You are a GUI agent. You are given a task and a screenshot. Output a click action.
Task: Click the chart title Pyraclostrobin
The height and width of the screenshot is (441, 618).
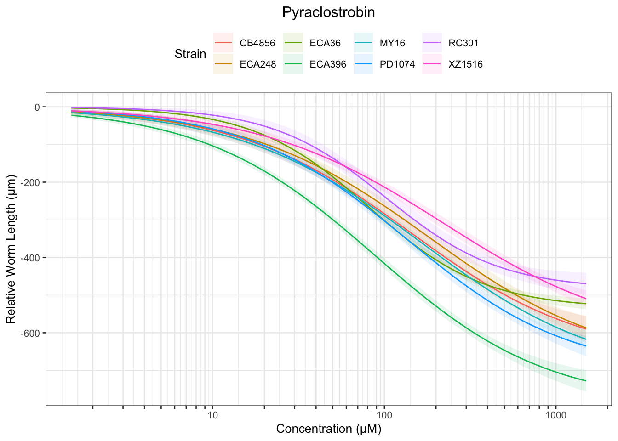pyautogui.click(x=328, y=12)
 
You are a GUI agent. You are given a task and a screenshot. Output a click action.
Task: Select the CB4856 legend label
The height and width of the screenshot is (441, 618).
pyautogui.click(x=257, y=44)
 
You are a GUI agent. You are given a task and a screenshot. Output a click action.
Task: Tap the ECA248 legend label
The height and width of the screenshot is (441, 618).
pyautogui.click(x=258, y=64)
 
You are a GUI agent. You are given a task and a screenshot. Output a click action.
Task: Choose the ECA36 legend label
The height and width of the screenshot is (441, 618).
pyautogui.click(x=325, y=44)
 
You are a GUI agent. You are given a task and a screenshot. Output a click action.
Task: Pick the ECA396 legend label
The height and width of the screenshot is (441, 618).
pyautogui.click(x=328, y=64)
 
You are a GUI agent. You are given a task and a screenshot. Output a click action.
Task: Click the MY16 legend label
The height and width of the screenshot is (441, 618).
pyautogui.click(x=392, y=44)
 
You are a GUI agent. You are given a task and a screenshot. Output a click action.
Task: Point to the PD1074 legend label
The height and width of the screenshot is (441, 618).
pyautogui.click(x=397, y=64)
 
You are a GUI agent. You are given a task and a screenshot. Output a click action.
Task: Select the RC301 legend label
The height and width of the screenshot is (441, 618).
pyautogui.click(x=463, y=44)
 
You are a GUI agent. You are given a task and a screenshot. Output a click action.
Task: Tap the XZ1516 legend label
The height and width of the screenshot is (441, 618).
pyautogui.click(x=466, y=64)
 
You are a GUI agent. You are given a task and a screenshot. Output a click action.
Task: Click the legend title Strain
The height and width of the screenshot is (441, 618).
pyautogui.click(x=190, y=54)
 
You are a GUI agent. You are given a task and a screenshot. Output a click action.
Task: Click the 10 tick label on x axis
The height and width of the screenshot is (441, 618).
pyautogui.click(x=212, y=416)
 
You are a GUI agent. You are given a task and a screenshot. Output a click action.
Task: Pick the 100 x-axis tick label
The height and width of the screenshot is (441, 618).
pyautogui.click(x=384, y=416)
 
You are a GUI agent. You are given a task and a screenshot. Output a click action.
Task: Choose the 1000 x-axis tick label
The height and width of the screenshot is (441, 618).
pyautogui.click(x=556, y=416)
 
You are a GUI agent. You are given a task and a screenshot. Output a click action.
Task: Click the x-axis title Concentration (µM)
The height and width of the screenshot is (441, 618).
pyautogui.click(x=328, y=429)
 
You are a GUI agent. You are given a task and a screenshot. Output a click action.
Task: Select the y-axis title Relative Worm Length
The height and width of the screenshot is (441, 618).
pyautogui.click(x=11, y=249)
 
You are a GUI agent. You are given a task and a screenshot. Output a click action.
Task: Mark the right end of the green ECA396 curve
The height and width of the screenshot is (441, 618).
pyautogui.click(x=586, y=381)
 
